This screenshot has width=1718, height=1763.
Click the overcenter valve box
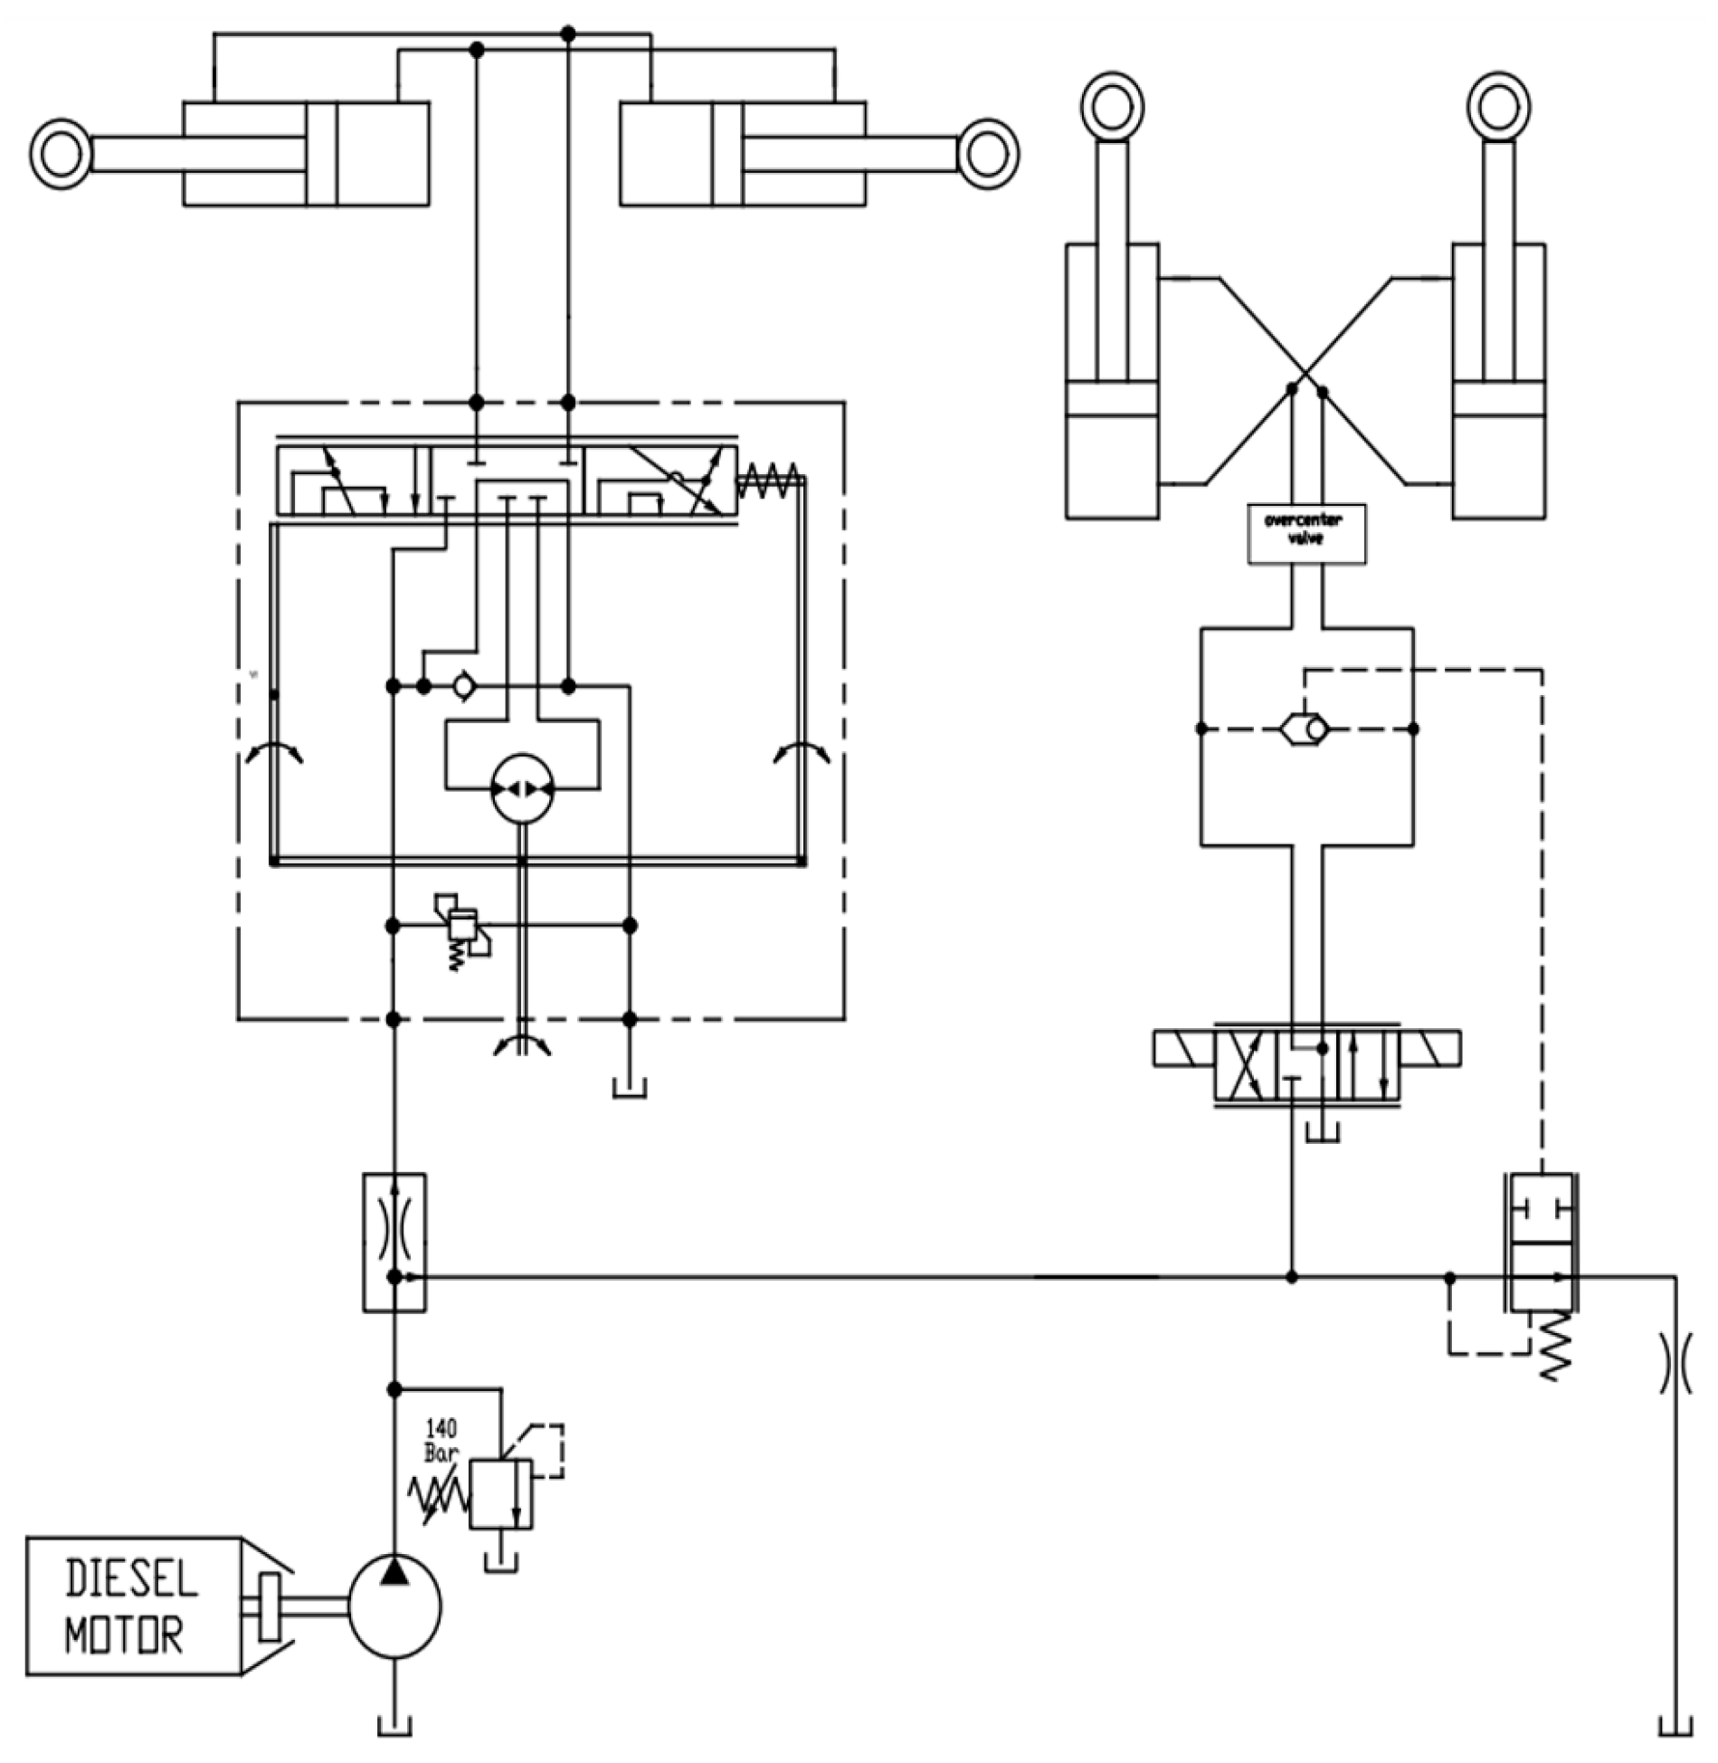click(1306, 535)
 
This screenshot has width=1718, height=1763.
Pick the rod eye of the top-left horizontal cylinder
click(61, 155)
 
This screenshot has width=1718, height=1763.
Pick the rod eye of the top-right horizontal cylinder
click(988, 155)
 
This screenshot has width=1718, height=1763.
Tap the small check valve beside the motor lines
click(464, 687)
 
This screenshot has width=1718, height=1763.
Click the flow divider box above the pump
click(394, 1242)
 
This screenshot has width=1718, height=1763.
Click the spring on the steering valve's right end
click(768, 480)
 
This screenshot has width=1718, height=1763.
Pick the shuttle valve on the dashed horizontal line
click(1305, 729)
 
